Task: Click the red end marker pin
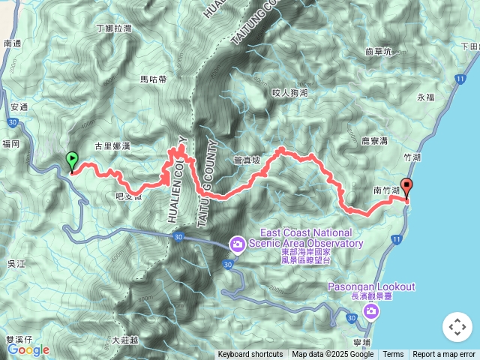(x=406, y=187)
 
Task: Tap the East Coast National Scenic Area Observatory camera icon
(x=237, y=244)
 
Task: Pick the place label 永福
(x=426, y=97)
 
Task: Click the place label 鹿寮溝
(x=373, y=140)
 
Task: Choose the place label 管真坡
(x=246, y=160)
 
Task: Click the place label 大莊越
(x=124, y=340)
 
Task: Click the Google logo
(x=28, y=349)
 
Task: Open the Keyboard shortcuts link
(x=250, y=355)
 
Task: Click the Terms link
(x=393, y=355)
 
